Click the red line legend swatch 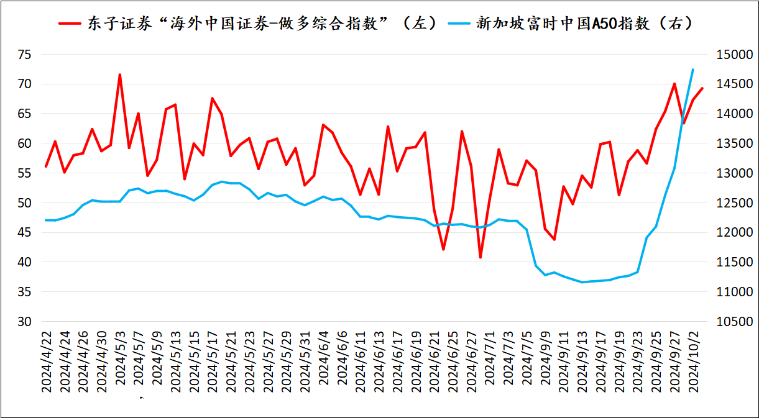(70, 24)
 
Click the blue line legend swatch (459, 24)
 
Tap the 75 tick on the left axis (24, 55)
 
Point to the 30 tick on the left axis (24, 322)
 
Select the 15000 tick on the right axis (734, 55)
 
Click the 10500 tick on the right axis (734, 322)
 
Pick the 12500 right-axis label (734, 203)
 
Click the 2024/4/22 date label (47, 361)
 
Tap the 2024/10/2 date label (694, 361)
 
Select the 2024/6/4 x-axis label (324, 358)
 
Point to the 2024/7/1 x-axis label (490, 358)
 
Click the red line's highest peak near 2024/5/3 (120, 75)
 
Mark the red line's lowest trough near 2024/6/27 (481, 258)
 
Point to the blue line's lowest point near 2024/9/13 (582, 282)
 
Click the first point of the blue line (46, 220)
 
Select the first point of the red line (46, 166)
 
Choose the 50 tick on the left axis (24, 203)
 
